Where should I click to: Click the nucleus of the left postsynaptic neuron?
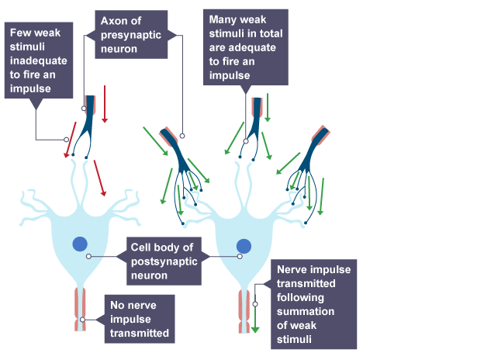click(80, 244)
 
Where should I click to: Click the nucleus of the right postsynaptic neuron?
click(244, 245)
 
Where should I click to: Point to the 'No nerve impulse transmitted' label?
click(140, 319)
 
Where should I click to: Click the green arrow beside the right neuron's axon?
click(254, 314)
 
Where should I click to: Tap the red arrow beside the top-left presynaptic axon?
click(103, 109)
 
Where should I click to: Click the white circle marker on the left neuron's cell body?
click(90, 256)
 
